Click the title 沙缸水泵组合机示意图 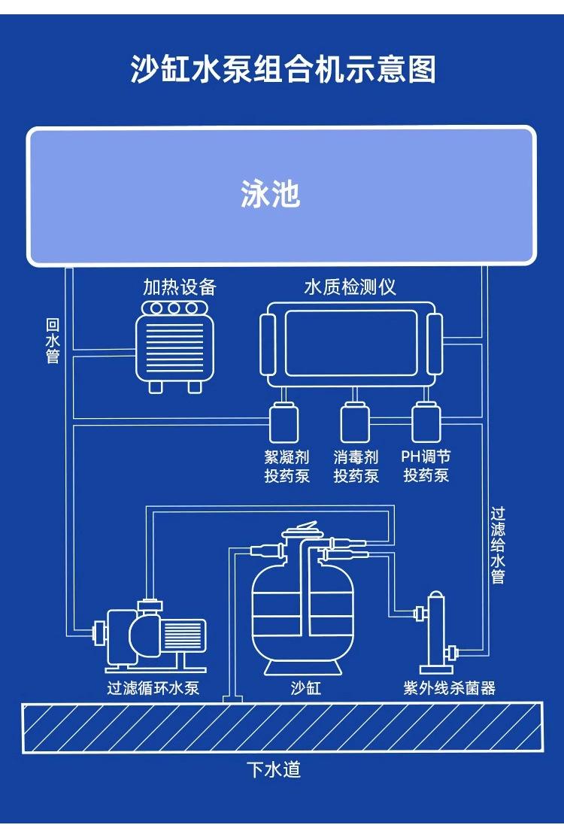click(x=282, y=70)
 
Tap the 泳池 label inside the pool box click(x=271, y=194)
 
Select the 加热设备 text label click(x=180, y=287)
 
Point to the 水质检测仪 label click(x=350, y=287)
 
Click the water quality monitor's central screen click(x=350, y=343)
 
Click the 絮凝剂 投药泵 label click(x=287, y=466)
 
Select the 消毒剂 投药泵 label click(x=356, y=466)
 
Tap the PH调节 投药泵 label click(x=426, y=466)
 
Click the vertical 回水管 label click(x=53, y=341)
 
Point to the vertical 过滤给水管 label click(x=498, y=545)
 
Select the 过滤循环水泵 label click(x=153, y=687)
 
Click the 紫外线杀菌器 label click(x=450, y=687)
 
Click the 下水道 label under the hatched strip click(x=274, y=770)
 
